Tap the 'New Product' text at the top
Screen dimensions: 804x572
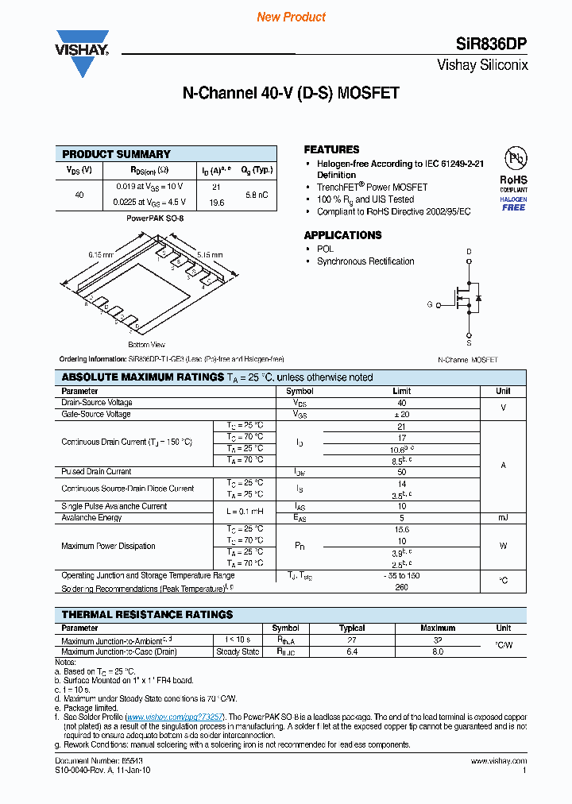tap(291, 17)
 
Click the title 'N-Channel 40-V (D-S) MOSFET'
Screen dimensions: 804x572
tap(291, 94)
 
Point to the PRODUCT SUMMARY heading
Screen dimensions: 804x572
tap(116, 154)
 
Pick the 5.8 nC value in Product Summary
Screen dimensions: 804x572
tap(256, 194)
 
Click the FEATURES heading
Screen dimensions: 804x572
tap(331, 149)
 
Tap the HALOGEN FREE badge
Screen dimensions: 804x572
tap(513, 203)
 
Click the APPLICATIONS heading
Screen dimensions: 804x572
tap(342, 235)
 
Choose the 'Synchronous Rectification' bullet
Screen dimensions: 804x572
tap(365, 261)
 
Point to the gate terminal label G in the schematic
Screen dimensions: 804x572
tap(430, 304)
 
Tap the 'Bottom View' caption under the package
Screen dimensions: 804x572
tap(146, 345)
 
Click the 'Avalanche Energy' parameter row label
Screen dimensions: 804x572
tap(91, 518)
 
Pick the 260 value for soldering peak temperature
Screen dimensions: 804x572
tap(401, 589)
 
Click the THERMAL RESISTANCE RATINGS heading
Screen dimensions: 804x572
tap(147, 615)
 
